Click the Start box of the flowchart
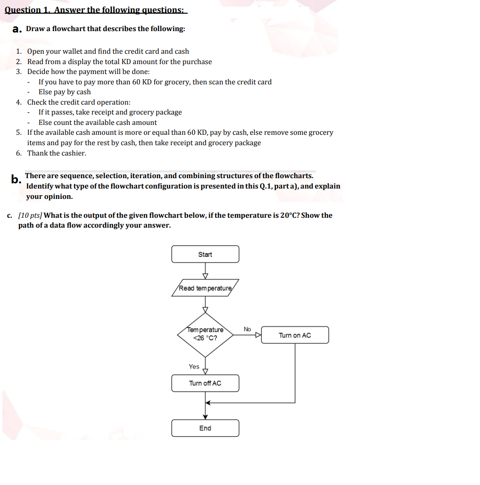(x=205, y=254)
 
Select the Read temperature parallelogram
(x=205, y=288)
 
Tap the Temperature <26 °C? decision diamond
(x=205, y=334)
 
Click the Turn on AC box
(x=295, y=335)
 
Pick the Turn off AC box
(x=205, y=383)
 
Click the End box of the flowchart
(x=205, y=428)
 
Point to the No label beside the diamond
(x=248, y=329)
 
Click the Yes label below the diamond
(x=194, y=366)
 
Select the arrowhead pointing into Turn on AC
(x=258, y=335)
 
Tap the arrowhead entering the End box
(x=205, y=417)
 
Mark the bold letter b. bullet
(x=16, y=180)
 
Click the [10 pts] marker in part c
(x=30, y=215)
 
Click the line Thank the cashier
(x=57, y=153)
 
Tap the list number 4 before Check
(x=18, y=102)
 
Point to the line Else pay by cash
(x=65, y=92)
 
